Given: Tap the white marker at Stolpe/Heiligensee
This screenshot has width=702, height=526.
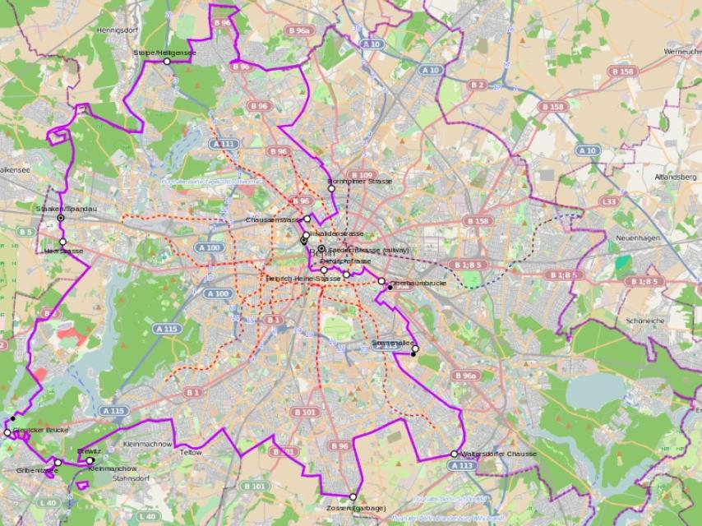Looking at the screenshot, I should (x=167, y=61).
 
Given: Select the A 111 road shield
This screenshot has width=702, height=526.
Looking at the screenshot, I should (x=223, y=144).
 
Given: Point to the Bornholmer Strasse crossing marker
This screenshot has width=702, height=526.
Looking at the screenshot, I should (x=331, y=189).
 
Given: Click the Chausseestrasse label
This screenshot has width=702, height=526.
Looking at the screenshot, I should (x=274, y=220).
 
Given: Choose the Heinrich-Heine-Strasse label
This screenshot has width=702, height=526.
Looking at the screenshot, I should (x=303, y=279).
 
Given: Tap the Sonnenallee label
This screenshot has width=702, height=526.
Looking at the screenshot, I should (x=393, y=342).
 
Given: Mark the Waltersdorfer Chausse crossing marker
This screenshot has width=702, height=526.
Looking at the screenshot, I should (x=454, y=454).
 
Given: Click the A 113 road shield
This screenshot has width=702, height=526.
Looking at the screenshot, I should (x=462, y=465).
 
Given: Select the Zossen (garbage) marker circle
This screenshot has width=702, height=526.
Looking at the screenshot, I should (x=353, y=496).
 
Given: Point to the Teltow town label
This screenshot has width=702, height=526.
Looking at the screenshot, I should (x=191, y=453).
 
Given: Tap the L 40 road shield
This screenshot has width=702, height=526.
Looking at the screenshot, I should (x=48, y=502).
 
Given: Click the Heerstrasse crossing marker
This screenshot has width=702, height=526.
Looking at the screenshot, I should (x=62, y=242).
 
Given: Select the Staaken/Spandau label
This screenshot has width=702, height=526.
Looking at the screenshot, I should (x=67, y=209).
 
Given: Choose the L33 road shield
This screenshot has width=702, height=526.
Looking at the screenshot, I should (x=608, y=201).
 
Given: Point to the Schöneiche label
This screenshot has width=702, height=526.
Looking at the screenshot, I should (x=645, y=320).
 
